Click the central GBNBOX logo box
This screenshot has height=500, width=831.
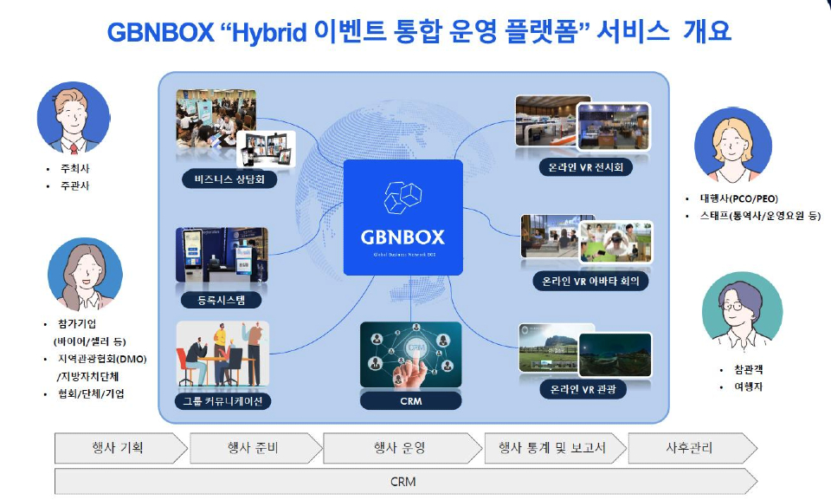(403, 218)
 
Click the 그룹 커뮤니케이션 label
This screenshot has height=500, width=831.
(222, 400)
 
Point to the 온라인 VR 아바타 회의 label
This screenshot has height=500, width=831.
(589, 281)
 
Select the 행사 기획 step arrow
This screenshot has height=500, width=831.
(119, 448)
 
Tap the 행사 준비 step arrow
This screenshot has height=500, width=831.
(254, 448)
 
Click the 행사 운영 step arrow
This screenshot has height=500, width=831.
(399, 448)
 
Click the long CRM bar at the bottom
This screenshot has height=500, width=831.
(403, 481)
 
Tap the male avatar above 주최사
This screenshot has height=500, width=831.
(73, 119)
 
